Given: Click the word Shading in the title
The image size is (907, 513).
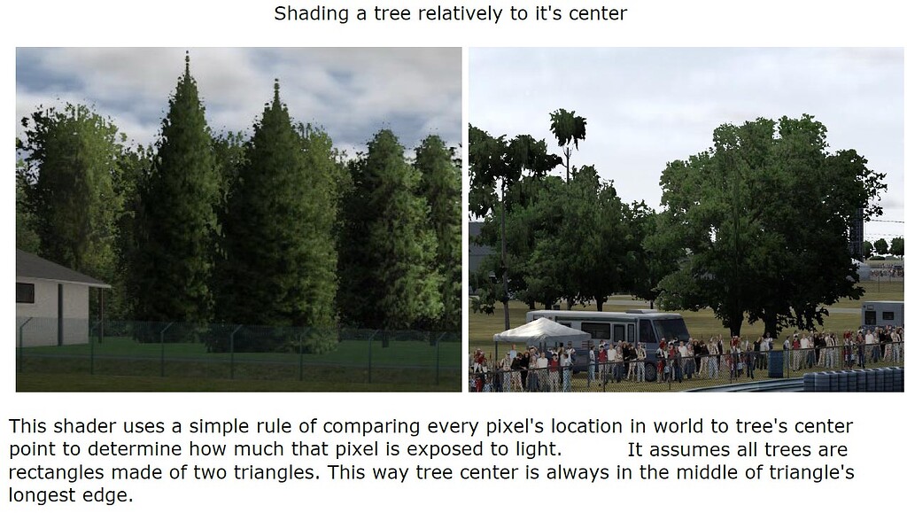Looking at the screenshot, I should pyautogui.click(x=306, y=14).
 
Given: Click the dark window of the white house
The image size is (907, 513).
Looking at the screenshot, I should pyautogui.click(x=25, y=292).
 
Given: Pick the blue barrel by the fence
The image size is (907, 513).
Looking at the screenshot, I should pyautogui.click(x=776, y=363).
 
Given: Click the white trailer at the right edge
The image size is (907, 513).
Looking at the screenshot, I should pyautogui.click(x=882, y=315).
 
